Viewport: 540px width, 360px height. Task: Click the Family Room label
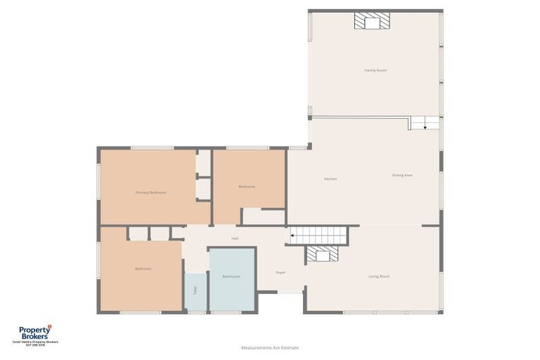[375, 70]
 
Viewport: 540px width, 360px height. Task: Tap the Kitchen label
[330, 179]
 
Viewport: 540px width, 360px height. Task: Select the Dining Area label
[402, 175]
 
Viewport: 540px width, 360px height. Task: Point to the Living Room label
[379, 276]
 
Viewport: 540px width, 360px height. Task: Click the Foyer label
[281, 272]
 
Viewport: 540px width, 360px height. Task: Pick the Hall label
[235, 239]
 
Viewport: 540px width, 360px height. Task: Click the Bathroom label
[231, 276]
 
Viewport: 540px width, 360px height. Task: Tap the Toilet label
[195, 290]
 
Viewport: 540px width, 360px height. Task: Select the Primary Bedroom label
[150, 192]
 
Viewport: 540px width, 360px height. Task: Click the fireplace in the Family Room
[371, 21]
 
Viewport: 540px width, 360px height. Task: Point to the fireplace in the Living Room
[322, 254]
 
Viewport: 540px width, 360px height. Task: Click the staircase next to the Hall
[320, 236]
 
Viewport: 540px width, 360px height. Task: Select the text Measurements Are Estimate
[270, 347]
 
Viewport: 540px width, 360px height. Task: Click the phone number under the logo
[35, 345]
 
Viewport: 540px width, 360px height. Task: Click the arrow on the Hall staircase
[293, 236]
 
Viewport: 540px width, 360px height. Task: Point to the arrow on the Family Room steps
[425, 127]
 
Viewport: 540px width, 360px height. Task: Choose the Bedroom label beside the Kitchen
[246, 186]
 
